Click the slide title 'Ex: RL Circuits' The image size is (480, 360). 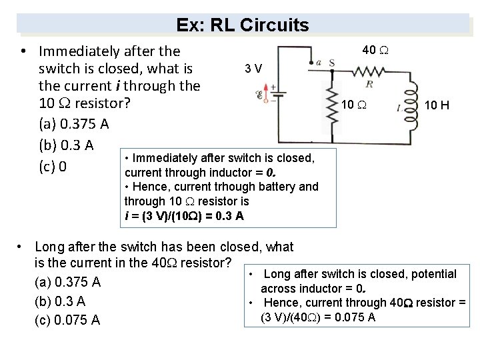click(243, 25)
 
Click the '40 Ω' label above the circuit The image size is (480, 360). click(377, 50)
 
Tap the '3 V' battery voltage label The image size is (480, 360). click(253, 69)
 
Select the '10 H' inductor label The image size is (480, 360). click(437, 105)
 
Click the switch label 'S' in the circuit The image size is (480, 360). click(331, 63)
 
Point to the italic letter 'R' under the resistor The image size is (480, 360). click(369, 84)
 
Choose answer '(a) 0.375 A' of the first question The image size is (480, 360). click(73, 125)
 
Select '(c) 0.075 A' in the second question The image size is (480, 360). click(67, 320)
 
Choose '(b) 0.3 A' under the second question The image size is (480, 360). click(59, 301)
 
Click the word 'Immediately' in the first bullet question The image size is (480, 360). click(75, 51)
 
